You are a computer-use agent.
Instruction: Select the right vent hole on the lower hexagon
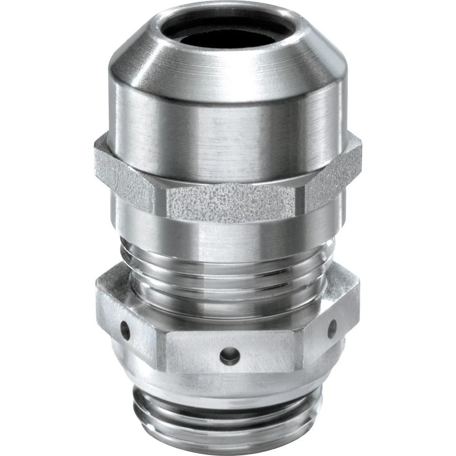point(332,328)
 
